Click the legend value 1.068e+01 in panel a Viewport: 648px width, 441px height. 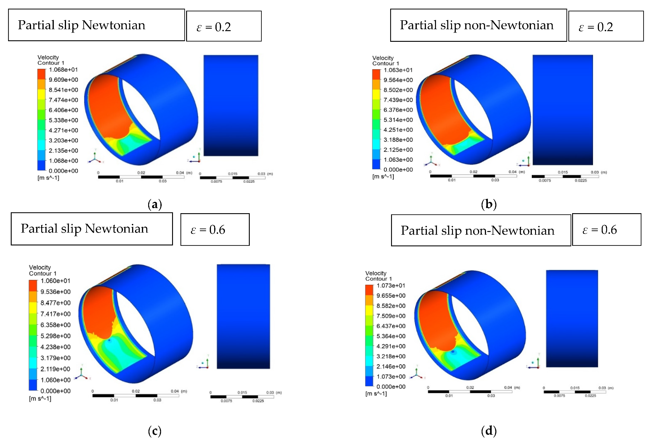click(63, 70)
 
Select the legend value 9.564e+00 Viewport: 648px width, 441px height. click(398, 80)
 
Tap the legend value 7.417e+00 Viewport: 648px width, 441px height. click(56, 314)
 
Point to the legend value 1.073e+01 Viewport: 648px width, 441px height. click(391, 285)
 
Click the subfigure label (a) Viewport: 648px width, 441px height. click(155, 205)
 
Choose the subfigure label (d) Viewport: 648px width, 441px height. click(489, 431)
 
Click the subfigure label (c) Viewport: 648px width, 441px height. click(155, 431)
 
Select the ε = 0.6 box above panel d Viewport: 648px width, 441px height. click(606, 230)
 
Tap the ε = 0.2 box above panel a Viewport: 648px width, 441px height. click(223, 27)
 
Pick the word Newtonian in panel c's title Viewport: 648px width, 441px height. click(117, 229)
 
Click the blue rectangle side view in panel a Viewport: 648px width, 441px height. click(231, 105)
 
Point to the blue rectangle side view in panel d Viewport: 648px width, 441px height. click(572, 318)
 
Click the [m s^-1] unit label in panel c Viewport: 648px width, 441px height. click(40, 399)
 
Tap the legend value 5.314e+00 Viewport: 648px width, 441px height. click(398, 120)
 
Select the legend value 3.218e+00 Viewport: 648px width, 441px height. click(391, 356)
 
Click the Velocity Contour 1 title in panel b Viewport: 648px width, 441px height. click(385, 61)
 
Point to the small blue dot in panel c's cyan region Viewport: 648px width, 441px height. click(109, 340)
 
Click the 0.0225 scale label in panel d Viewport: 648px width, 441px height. click(590, 396)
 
